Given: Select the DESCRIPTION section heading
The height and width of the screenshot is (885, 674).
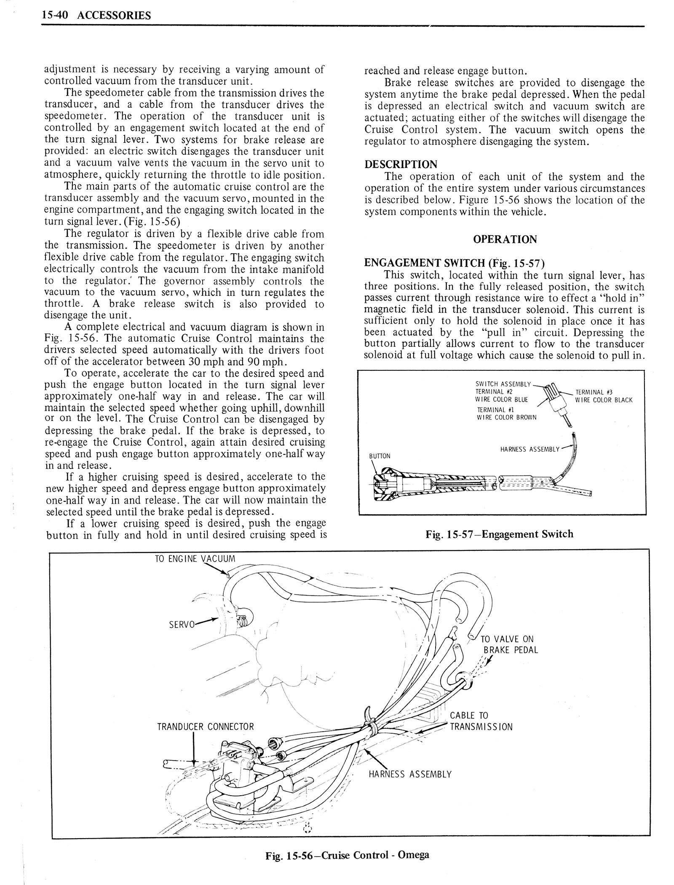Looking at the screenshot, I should point(401,164).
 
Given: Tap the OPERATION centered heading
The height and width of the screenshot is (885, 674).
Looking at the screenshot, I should point(505,239).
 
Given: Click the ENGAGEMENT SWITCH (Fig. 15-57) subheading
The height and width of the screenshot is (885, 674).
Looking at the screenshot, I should point(455,263).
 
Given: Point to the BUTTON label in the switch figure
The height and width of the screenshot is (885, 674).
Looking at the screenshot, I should point(380,456).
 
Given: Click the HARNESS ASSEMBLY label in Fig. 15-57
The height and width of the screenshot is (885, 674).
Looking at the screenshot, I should point(530,449).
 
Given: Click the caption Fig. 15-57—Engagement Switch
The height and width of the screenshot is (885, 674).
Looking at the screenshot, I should point(499,534).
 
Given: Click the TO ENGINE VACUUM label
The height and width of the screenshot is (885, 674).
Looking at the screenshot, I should point(195,559).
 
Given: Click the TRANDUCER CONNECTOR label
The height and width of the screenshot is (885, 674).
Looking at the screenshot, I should point(206,727).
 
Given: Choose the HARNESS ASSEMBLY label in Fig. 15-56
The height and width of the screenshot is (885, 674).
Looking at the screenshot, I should point(410,774).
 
